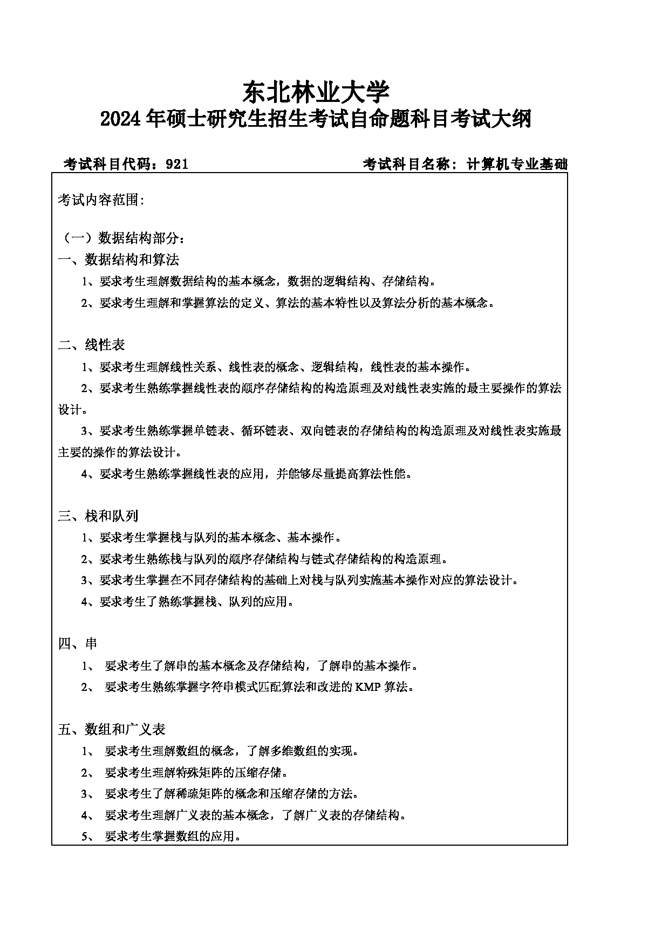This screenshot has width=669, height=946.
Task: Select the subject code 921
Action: [x=178, y=164]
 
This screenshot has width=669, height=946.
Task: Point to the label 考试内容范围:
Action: [x=101, y=200]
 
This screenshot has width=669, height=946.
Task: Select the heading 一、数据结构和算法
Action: [x=118, y=259]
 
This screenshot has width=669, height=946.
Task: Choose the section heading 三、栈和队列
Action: [x=98, y=516]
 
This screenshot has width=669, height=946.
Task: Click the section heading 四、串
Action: [x=78, y=643]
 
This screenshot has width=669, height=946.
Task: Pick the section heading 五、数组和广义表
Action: [x=112, y=729]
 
